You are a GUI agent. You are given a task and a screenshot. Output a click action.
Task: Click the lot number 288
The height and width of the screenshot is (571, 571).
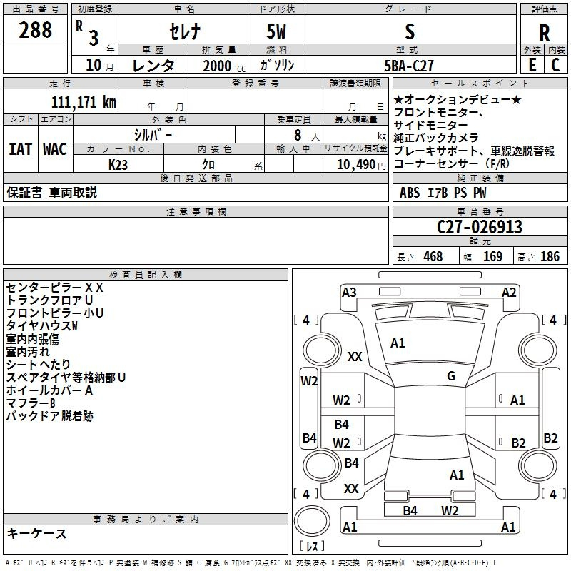click(35, 30)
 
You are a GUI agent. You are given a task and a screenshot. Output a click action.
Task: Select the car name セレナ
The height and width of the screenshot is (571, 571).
click(183, 31)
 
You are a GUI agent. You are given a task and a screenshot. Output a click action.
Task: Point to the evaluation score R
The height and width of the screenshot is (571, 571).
click(544, 32)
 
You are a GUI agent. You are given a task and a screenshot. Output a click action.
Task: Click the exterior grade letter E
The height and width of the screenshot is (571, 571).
click(532, 64)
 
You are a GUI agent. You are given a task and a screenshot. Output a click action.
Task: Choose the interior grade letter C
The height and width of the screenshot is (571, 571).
click(556, 64)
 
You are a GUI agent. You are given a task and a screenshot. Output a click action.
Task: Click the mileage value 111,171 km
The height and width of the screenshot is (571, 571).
click(84, 102)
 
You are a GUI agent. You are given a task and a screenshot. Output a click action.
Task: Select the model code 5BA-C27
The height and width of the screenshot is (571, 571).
click(409, 65)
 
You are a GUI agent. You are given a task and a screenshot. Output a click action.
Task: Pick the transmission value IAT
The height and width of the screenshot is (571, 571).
click(20, 149)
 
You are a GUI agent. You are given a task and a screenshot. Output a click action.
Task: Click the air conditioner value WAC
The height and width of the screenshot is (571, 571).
click(55, 149)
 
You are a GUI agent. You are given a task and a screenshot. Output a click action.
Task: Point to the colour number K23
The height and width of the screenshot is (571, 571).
click(119, 164)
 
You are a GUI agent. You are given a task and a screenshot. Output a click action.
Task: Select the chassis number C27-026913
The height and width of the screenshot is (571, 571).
click(480, 227)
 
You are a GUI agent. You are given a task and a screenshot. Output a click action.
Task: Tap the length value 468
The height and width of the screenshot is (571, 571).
click(433, 256)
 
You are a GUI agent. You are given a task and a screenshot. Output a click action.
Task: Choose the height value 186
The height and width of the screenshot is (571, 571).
click(550, 256)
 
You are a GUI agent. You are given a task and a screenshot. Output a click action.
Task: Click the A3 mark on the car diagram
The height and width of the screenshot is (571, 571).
click(349, 292)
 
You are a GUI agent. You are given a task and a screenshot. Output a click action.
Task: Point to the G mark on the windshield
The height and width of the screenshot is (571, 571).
click(450, 376)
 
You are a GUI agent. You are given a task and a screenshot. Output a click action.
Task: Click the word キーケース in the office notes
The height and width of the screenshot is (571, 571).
click(36, 533)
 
